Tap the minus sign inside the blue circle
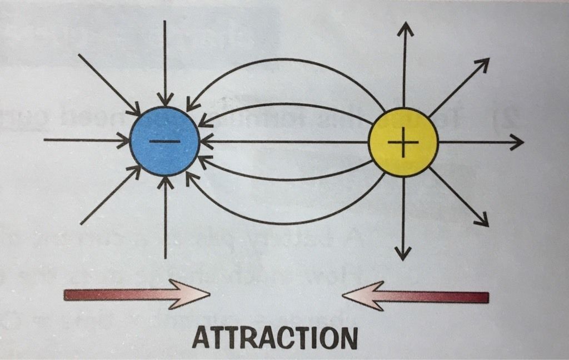tap(164, 142)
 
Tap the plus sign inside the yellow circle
tap(403, 142)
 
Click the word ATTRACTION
tap(275, 337)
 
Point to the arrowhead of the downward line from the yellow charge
tap(403, 254)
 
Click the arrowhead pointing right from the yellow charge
tap(517, 143)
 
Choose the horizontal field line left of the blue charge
tap(83, 140)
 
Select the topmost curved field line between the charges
tap(286, 59)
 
